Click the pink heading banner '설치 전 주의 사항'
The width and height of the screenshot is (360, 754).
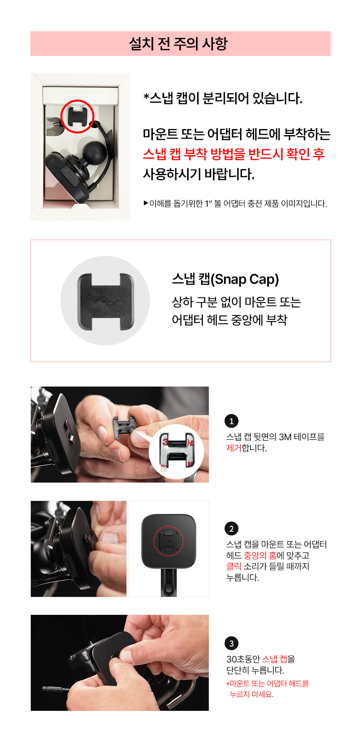click(x=180, y=44)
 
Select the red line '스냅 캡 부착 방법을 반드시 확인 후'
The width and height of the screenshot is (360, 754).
click(x=234, y=154)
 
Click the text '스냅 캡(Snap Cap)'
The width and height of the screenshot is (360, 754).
click(x=225, y=279)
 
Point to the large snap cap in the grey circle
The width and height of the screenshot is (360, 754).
click(x=106, y=301)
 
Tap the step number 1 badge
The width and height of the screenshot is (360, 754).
click(x=231, y=421)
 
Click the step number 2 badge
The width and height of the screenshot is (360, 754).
click(x=231, y=529)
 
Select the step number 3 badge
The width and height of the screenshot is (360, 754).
click(x=231, y=643)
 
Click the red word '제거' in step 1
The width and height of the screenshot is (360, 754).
click(x=234, y=448)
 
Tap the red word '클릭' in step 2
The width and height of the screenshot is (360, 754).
click(x=234, y=566)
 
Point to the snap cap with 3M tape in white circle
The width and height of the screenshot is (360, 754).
click(x=176, y=451)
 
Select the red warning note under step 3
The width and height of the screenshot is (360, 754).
click(x=268, y=689)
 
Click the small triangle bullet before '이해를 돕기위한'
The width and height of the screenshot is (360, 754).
click(x=146, y=203)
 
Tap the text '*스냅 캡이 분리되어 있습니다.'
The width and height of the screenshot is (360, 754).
click(x=223, y=98)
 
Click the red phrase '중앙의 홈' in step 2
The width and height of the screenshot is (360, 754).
click(x=260, y=555)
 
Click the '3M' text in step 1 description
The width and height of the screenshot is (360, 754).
click(x=285, y=437)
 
